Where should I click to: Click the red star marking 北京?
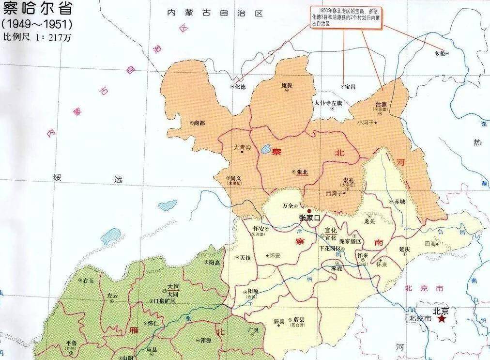tap(442, 320)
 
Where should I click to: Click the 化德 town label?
tap(240, 87)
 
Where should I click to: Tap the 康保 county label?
tap(288, 85)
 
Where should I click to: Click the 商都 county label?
tap(199, 123)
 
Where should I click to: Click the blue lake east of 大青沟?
tap(265, 150)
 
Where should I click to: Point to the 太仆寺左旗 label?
tap(328, 103)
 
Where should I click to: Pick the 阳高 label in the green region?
tap(214, 262)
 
